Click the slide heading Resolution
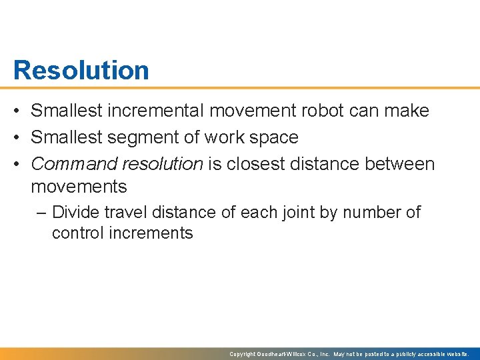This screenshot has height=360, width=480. tap(81, 70)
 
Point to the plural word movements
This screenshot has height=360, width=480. tap(79, 187)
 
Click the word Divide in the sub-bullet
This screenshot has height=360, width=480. tap(75, 213)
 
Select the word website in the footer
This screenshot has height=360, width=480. tap(457, 354)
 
